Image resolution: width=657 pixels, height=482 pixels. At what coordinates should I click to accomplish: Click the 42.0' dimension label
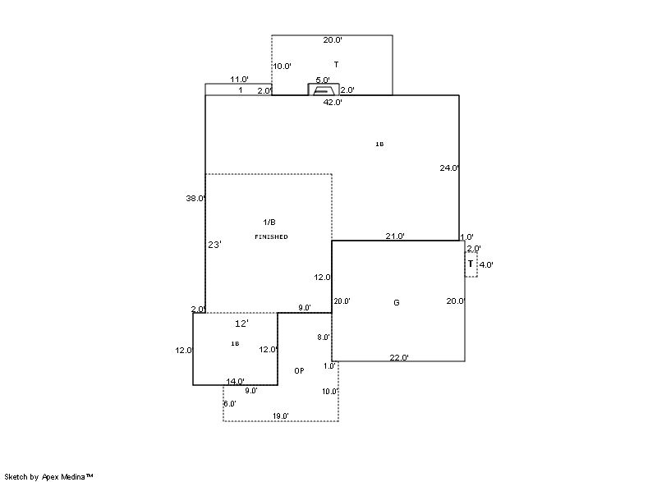coord(333,103)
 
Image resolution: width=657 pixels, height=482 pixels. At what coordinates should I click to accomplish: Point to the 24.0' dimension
coord(449,168)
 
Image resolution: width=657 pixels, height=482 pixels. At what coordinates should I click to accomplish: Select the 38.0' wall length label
coord(195,198)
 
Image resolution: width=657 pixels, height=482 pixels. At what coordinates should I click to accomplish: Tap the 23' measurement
coord(214,245)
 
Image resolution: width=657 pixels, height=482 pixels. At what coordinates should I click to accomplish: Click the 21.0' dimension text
coord(395,236)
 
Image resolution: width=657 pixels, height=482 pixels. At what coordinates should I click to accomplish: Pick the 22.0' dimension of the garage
coord(399,357)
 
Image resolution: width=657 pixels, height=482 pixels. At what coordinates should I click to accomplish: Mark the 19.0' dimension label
coord(280,416)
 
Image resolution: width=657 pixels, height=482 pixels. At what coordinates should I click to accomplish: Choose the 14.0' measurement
coord(236,381)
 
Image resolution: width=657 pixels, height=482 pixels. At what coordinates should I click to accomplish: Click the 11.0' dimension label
coord(239,80)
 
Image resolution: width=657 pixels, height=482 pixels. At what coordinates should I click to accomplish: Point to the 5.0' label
coord(323,80)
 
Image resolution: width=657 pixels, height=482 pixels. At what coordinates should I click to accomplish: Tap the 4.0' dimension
coord(486,264)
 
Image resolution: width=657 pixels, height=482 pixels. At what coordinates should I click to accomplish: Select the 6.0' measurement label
coord(230,403)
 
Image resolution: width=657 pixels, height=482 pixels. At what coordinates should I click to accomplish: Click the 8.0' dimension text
coord(324,337)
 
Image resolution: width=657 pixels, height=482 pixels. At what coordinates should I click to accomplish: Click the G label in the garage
coord(397,303)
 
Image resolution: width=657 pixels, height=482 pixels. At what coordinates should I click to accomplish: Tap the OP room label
coord(299,371)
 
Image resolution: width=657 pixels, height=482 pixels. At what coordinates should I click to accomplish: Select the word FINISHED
coord(271,236)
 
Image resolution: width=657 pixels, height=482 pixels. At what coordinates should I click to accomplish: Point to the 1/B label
coord(269,223)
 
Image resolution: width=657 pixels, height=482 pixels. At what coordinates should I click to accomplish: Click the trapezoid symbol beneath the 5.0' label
coord(324,90)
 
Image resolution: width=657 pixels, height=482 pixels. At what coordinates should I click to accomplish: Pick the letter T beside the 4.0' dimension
coord(471,264)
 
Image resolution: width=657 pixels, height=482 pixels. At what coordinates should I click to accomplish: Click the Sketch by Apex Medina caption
coord(48,475)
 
